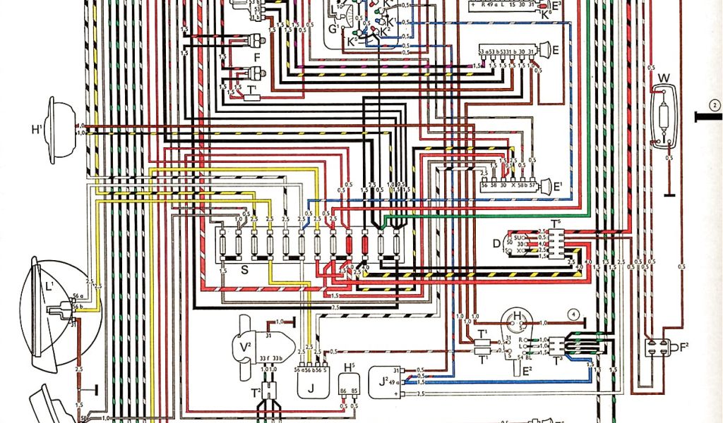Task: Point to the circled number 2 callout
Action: pyautogui.click(x=715, y=106)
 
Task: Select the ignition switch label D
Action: pyautogui.click(x=496, y=243)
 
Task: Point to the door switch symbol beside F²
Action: pyautogui.click(x=658, y=348)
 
